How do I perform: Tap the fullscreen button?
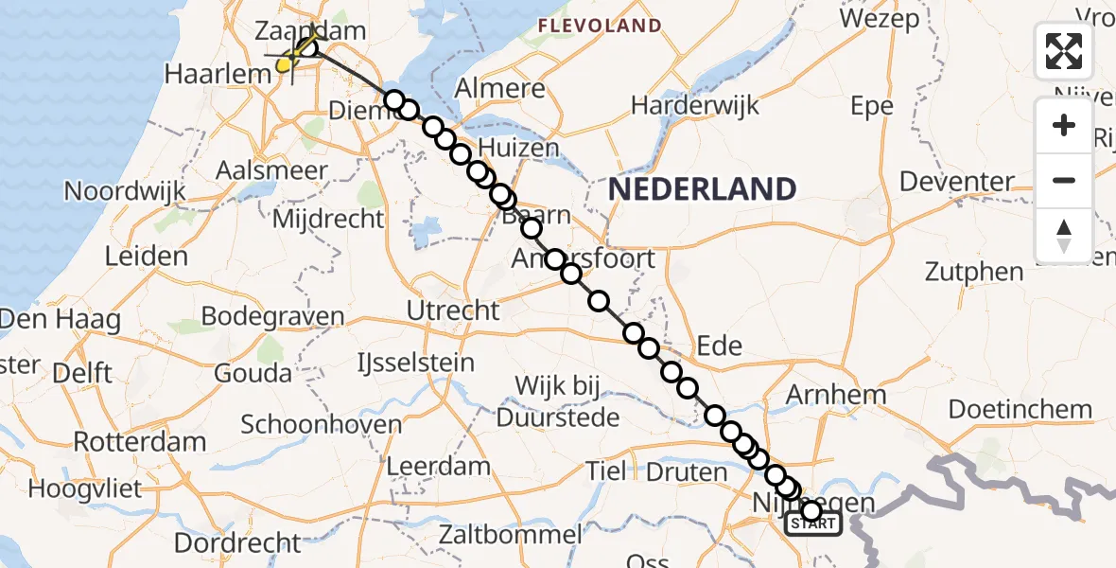click(1064, 51)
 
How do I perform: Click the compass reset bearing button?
click(1064, 236)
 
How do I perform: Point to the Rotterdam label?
click(139, 442)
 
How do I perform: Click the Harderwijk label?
click(695, 105)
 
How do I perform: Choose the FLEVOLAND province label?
click(600, 25)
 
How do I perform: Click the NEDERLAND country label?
click(702, 189)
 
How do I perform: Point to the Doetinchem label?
click(1020, 411)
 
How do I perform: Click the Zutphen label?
click(975, 273)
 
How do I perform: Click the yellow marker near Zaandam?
click(283, 64)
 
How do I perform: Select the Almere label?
click(500, 89)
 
